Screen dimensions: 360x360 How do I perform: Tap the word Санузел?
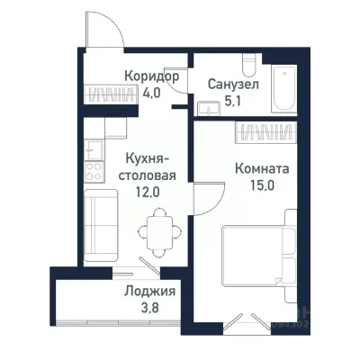pyautogui.click(x=232, y=83)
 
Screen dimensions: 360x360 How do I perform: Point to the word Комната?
pyautogui.click(x=261, y=168)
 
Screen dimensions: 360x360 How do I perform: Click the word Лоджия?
pyautogui.click(x=148, y=292)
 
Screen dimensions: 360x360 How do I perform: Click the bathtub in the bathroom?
pyautogui.click(x=285, y=90)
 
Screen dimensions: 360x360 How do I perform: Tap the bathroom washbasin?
pyautogui.click(x=209, y=107)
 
